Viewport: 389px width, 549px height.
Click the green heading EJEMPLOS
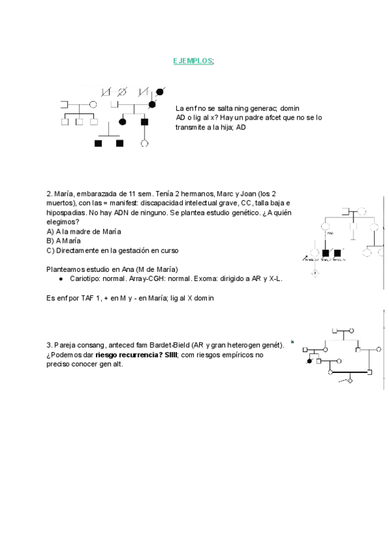pos(192,61)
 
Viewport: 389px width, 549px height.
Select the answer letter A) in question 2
pos(51,231)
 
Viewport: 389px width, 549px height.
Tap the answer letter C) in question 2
pos(51,250)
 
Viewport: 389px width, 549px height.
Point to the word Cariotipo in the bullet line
pos(86,278)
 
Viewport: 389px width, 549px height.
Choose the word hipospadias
pos(66,212)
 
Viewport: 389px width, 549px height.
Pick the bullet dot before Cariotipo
pos(60,278)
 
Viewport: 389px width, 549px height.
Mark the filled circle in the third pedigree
pos(309,361)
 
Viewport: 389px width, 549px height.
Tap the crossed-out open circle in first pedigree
pos(122,90)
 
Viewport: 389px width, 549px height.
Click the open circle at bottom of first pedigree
pos(145,142)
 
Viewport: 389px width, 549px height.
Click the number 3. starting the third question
pos(49,345)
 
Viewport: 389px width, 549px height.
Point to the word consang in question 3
pos(91,345)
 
